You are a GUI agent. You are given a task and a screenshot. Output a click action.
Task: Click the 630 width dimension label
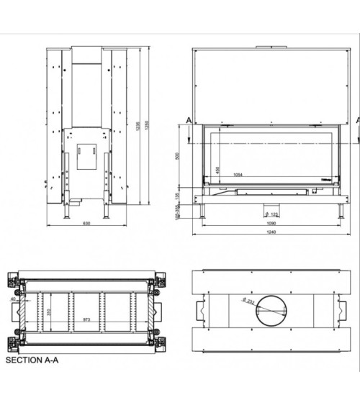point(86,224)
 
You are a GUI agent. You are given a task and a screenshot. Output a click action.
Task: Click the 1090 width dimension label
point(271,224)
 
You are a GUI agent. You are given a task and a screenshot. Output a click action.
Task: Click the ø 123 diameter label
point(272,214)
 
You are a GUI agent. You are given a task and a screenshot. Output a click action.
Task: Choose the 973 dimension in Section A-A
point(86,317)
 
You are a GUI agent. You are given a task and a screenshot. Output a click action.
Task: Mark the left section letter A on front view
point(188,120)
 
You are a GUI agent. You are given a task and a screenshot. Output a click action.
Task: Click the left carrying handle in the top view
point(201,310)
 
